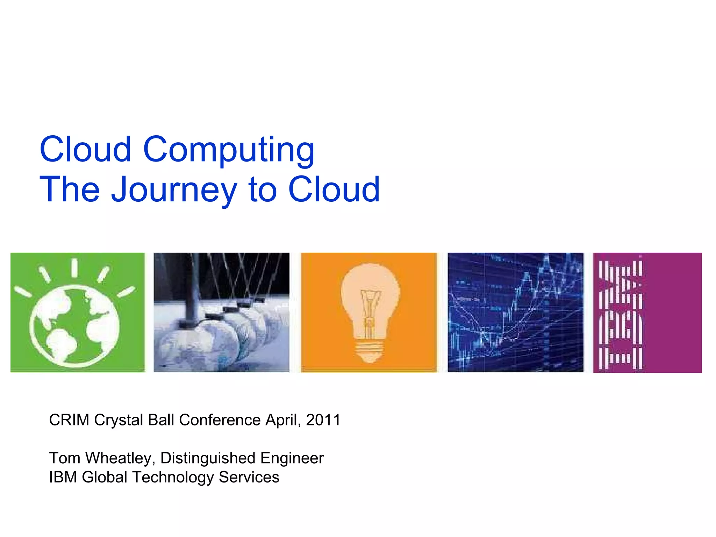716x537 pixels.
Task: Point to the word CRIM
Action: click(x=69, y=420)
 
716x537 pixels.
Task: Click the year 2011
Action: click(x=323, y=420)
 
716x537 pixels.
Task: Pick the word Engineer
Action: click(x=292, y=458)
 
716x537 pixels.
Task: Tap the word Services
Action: click(x=249, y=477)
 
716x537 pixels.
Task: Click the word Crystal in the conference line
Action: click(x=119, y=420)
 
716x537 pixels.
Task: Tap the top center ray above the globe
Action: click(x=74, y=268)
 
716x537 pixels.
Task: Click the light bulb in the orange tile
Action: click(x=370, y=308)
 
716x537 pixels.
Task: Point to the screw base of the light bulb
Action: click(x=370, y=351)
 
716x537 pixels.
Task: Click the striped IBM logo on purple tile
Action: click(x=621, y=313)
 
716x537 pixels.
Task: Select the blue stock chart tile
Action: click(x=516, y=312)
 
